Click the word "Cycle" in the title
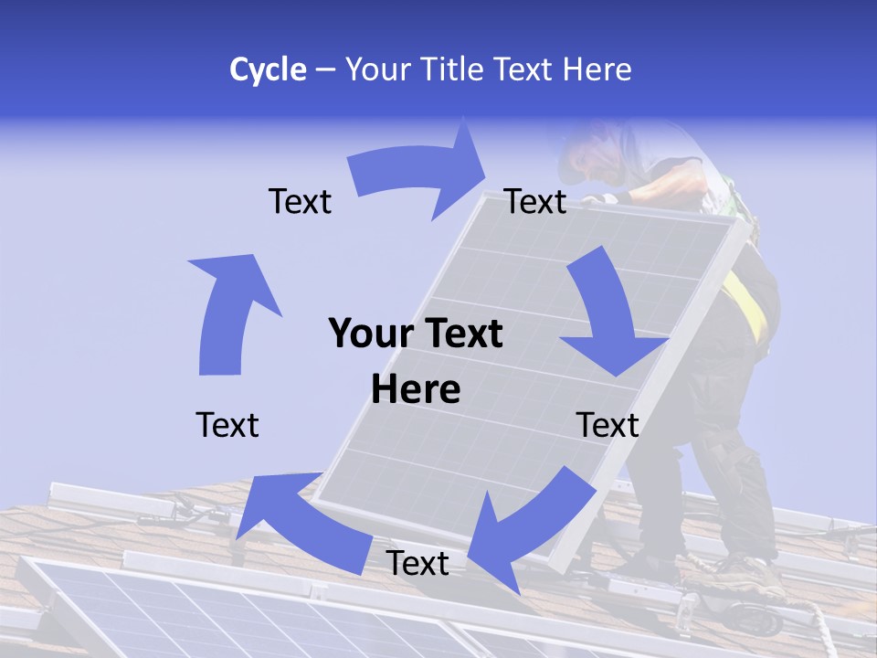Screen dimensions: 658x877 pyautogui.click(x=268, y=69)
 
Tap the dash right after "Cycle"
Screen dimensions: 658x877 pyautogui.click(x=325, y=70)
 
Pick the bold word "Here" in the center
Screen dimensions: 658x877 pyautogui.click(x=416, y=389)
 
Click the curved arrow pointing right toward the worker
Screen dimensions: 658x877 pyautogui.click(x=420, y=178)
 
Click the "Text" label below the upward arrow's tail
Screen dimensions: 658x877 pyautogui.click(x=227, y=425)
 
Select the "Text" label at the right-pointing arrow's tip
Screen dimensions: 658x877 pyautogui.click(x=536, y=201)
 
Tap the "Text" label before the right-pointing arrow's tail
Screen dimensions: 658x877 pyautogui.click(x=300, y=201)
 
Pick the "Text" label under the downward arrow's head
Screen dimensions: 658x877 pyautogui.click(x=608, y=425)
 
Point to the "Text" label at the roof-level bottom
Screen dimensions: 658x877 pyautogui.click(x=417, y=563)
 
